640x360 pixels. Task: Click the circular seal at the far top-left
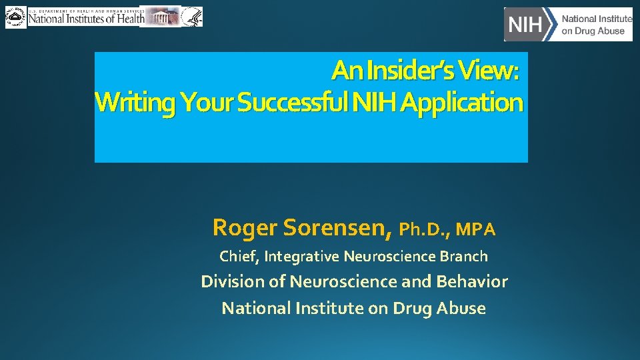(x=15, y=17)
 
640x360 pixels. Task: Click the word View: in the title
(x=491, y=69)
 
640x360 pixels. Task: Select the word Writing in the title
(x=135, y=103)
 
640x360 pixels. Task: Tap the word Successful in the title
(x=293, y=103)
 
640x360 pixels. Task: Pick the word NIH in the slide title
(x=375, y=103)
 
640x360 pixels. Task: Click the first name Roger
(x=245, y=228)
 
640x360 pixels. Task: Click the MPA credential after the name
(x=477, y=230)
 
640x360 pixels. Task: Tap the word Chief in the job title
(x=239, y=256)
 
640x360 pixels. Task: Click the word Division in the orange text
(x=233, y=282)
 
